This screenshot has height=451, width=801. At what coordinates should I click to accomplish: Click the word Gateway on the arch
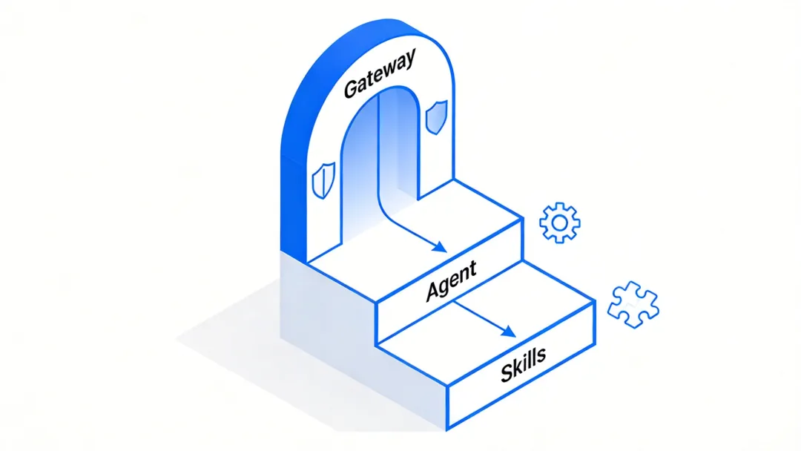pos(380,76)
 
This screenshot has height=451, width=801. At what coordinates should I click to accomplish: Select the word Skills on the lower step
pos(523,363)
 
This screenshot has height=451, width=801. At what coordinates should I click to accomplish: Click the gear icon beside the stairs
pos(560,222)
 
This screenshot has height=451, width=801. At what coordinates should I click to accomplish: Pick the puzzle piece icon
pos(632,304)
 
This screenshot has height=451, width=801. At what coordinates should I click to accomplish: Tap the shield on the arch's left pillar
pos(321,180)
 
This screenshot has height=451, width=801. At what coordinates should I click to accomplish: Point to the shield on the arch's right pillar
pos(436,117)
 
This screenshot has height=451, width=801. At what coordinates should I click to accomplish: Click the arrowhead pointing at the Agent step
pos(441,248)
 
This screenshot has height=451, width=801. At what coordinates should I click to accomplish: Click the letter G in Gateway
pos(352,89)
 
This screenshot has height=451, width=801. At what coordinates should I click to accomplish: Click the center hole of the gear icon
pos(560,222)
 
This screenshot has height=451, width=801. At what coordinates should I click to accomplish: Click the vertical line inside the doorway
pos(379,148)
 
